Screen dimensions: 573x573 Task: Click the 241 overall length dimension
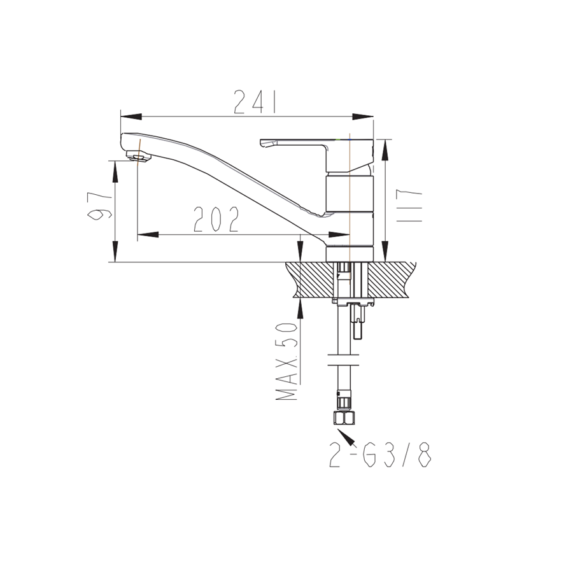tap(254, 102)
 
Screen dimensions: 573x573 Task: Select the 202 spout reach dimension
tap(216, 219)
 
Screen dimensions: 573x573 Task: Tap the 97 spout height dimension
tap(99, 206)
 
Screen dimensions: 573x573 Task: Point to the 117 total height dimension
tap(409, 206)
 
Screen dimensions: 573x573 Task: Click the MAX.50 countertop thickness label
tap(286, 362)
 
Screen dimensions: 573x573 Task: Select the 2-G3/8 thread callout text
tap(381, 455)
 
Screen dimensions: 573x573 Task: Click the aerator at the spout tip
tap(139, 157)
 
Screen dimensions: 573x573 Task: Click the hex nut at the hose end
tap(344, 418)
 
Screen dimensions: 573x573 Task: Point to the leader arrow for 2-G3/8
tap(346, 438)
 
